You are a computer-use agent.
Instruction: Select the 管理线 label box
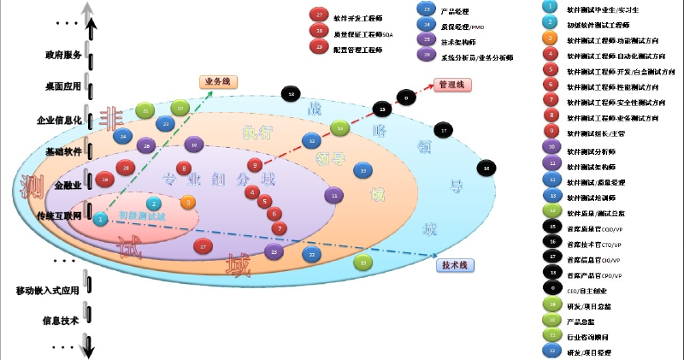point(451,85)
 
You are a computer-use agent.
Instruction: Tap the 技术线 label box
point(453,265)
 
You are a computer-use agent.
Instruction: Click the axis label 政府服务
point(63,56)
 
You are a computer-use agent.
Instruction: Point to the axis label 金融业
point(68,185)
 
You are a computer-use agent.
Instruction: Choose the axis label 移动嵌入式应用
point(48,291)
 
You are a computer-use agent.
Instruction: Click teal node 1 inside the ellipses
point(101,219)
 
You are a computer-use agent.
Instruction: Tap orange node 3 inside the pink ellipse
point(188,203)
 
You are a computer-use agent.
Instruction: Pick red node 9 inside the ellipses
point(253,165)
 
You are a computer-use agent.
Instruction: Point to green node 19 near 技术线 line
point(364,262)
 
